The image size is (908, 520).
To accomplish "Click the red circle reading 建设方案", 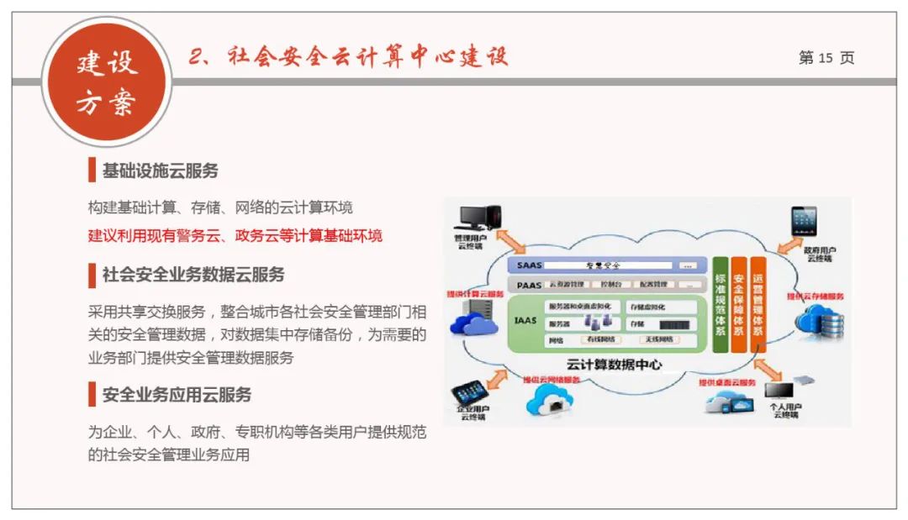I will point(107,82).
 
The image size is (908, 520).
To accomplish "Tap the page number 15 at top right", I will point(826,58).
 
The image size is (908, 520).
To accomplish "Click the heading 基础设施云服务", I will point(160,171).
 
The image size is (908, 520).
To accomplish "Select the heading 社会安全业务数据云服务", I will point(193,275).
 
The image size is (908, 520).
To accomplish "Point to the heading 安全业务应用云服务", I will point(177,395).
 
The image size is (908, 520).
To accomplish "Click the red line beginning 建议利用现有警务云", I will point(235,235).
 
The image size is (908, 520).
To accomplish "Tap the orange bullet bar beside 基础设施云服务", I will point(92,171).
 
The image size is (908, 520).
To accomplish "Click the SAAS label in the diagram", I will point(530,265).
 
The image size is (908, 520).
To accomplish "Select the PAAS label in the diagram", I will point(530,286).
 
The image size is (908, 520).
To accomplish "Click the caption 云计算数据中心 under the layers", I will point(614,365).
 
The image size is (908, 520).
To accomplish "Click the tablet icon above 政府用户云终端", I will point(804,222).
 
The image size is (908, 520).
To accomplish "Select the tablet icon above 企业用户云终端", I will point(469,391).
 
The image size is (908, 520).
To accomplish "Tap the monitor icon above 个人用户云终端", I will point(779,391).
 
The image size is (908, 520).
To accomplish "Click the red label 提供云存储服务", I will point(816,297).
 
